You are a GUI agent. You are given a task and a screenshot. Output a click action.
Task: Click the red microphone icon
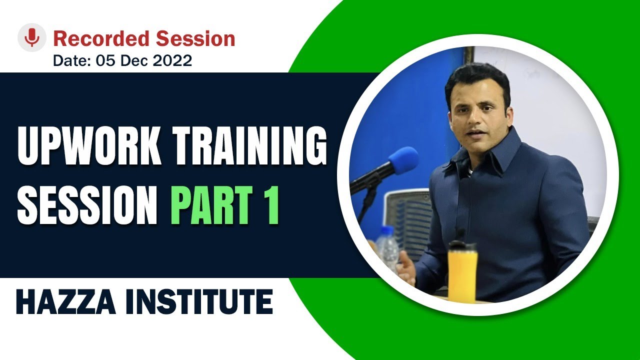(32, 37)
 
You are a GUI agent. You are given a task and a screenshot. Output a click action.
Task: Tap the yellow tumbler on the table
(462, 275)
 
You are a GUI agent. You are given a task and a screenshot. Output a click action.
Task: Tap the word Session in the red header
(195, 38)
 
